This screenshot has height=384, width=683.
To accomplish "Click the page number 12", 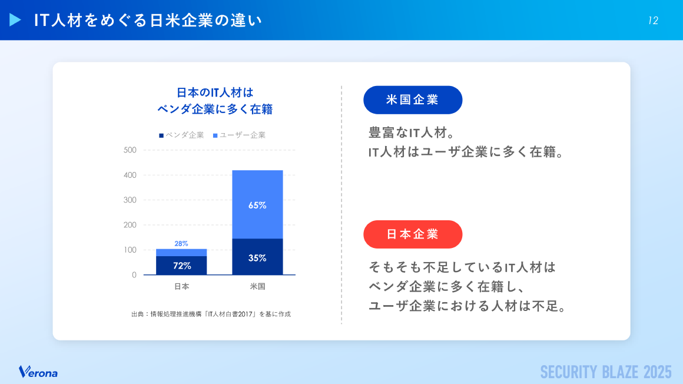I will (x=653, y=21).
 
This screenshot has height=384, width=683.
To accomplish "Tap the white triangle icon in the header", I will (x=15, y=20).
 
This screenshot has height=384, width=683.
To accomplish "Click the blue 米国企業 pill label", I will (x=413, y=100).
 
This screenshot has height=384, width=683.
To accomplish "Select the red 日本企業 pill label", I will (x=413, y=234).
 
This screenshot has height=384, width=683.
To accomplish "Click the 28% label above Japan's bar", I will (x=181, y=243).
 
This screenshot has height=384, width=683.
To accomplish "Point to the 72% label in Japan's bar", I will (x=182, y=266).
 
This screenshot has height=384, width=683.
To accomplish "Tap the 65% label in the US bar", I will (x=257, y=206).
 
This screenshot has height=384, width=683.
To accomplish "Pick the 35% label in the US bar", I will (x=257, y=258).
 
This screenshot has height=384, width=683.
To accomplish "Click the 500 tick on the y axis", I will (x=130, y=150).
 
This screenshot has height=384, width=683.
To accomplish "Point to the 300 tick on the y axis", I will (x=130, y=200).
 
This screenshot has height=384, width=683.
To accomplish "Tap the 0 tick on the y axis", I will (x=134, y=275).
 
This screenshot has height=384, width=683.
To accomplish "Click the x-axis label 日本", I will (x=181, y=287).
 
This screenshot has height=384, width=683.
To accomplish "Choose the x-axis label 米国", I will (x=257, y=287).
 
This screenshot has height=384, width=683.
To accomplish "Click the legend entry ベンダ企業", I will (x=181, y=135).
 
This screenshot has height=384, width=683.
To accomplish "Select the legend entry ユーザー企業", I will (x=239, y=135).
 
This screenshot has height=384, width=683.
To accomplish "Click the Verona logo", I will (x=38, y=372).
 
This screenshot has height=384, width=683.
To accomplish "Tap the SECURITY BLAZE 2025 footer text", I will (x=606, y=372).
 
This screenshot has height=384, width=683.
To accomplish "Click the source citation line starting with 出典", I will (x=211, y=314).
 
